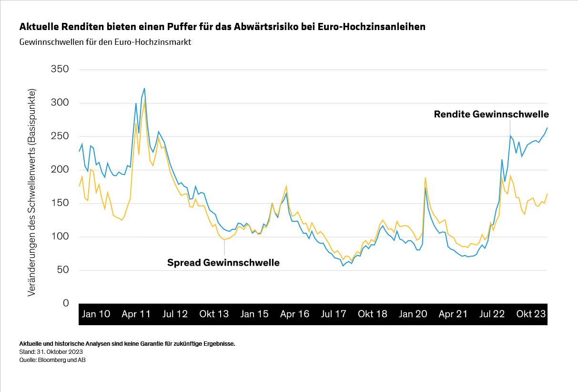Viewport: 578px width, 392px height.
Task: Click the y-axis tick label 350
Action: coord(60,70)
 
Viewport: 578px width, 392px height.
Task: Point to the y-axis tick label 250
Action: coord(60,136)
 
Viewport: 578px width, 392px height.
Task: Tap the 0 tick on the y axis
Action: coord(66,304)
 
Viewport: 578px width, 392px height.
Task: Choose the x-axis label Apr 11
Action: coord(136,314)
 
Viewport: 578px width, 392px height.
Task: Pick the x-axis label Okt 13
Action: coord(214,314)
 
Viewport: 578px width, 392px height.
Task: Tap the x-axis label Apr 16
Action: coord(294,314)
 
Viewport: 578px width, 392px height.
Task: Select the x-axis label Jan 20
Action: coord(413,314)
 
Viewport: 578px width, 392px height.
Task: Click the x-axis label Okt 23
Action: coord(531,314)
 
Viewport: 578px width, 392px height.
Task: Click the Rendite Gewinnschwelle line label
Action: coord(491,114)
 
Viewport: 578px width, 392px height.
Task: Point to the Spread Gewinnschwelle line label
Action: coord(223,262)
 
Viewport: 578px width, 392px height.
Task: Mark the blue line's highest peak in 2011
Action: coord(144,88)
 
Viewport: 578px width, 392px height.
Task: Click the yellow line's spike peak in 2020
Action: coord(425,177)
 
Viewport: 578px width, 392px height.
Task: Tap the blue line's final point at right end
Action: coord(547,127)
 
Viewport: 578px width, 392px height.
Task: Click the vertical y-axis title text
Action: coord(31,192)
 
